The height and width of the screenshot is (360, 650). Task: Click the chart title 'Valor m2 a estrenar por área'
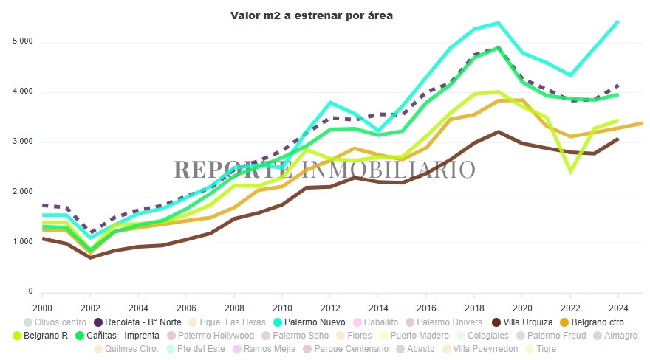click(x=321, y=15)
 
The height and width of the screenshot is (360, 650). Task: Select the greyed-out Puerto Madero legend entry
click(x=417, y=336)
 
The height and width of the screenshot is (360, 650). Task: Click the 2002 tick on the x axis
click(x=91, y=307)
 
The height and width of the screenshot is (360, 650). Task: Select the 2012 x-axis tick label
click(x=329, y=307)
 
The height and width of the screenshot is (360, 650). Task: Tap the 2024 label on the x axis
click(x=617, y=307)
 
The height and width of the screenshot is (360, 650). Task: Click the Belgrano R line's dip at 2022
click(x=570, y=172)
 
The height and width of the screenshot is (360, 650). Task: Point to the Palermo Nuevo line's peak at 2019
click(x=499, y=23)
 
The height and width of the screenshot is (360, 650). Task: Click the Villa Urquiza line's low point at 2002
click(x=91, y=257)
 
